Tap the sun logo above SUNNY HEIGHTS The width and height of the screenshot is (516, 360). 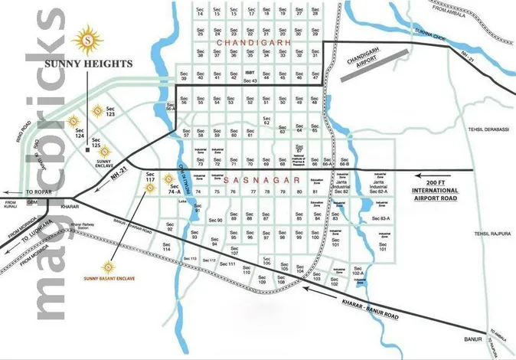pyautogui.click(x=88, y=36)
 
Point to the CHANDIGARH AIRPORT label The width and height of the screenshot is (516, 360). pyautogui.click(x=367, y=62)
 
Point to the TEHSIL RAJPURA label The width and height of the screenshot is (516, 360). pyautogui.click(x=491, y=234)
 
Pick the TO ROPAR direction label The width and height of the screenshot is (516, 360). pyautogui.click(x=37, y=191)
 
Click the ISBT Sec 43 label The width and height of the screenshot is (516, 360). pyautogui.click(x=250, y=78)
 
